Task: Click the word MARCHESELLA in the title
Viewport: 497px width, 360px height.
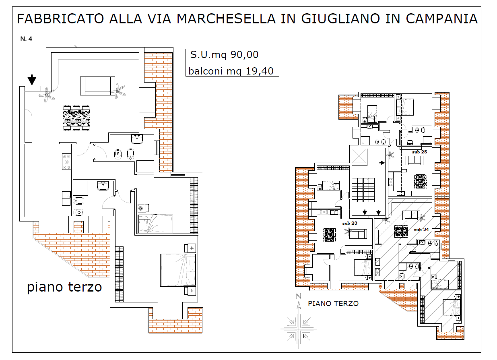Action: tap(226, 19)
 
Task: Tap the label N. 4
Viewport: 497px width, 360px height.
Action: tap(26, 39)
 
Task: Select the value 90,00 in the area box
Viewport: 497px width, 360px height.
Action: tap(245, 55)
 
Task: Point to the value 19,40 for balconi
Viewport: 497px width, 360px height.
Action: tap(260, 71)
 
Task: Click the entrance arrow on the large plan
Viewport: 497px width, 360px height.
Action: tap(32, 80)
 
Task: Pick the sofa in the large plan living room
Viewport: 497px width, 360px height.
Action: tap(98, 86)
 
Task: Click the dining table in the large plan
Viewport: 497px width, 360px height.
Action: tap(76, 118)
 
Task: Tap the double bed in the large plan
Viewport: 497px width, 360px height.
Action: tap(178, 270)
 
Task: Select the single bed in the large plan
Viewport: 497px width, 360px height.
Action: tap(155, 224)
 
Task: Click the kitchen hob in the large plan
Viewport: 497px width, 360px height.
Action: tap(66, 161)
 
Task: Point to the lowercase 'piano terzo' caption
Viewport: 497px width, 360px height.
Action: tap(64, 287)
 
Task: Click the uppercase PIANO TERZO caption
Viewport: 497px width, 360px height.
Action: tap(333, 303)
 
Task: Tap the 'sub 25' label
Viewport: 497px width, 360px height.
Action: tap(420, 152)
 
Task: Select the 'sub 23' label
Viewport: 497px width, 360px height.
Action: tap(350, 223)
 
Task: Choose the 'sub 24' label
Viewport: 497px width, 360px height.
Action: tap(421, 230)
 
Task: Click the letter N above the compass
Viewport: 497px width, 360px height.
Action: tap(299, 296)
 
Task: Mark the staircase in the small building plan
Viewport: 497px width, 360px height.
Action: tap(363, 190)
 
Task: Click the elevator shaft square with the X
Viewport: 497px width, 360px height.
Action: tap(359, 156)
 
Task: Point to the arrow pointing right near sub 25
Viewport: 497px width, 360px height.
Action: tap(382, 163)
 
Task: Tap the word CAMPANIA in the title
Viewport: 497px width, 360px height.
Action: tap(442, 19)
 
